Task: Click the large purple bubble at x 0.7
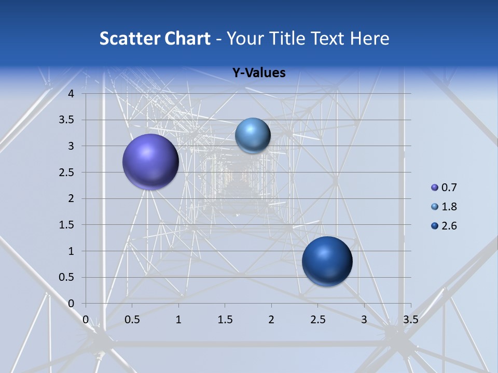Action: click(x=150, y=162)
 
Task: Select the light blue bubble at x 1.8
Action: click(x=253, y=135)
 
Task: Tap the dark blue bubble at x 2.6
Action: click(x=327, y=261)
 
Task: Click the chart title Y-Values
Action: click(x=259, y=73)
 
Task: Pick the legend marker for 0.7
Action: click(x=435, y=188)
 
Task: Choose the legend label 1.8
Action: click(x=449, y=207)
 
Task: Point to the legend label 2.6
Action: click(x=449, y=226)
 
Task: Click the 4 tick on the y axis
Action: click(x=71, y=94)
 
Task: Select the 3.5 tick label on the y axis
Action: click(x=66, y=120)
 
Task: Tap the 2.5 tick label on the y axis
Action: click(x=66, y=173)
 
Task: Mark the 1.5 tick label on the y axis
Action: click(x=66, y=225)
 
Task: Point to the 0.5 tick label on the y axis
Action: click(x=66, y=277)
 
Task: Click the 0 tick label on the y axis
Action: click(x=71, y=304)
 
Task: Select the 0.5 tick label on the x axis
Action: click(x=132, y=320)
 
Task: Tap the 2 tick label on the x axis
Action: click(x=271, y=320)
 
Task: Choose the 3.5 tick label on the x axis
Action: click(x=410, y=320)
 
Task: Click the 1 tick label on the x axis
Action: click(x=178, y=320)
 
